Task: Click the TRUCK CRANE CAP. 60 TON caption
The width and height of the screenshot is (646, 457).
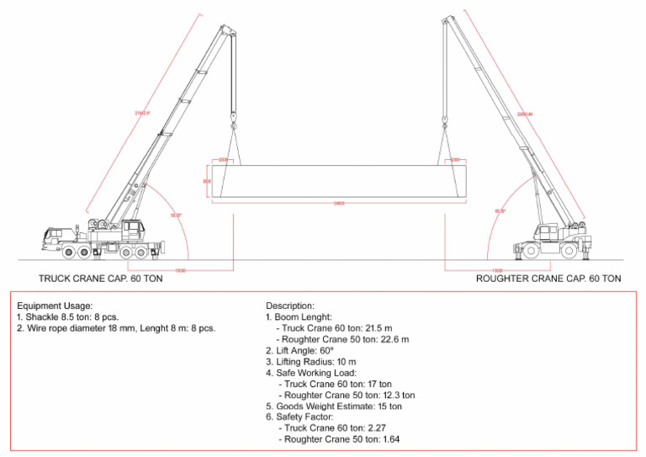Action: pyautogui.click(x=101, y=278)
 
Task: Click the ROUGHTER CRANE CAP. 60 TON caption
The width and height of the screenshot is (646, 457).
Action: pyautogui.click(x=548, y=278)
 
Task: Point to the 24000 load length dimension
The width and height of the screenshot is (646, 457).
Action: pyautogui.click(x=339, y=203)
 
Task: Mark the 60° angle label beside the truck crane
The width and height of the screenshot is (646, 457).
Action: pyautogui.click(x=175, y=215)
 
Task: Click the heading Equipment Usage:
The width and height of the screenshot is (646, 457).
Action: pyautogui.click(x=55, y=306)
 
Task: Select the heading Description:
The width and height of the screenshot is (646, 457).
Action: pyautogui.click(x=290, y=306)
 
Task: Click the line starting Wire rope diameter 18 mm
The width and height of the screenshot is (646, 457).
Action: pyautogui.click(x=116, y=328)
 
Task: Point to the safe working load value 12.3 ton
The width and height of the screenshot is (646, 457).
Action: pyautogui.click(x=394, y=395)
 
